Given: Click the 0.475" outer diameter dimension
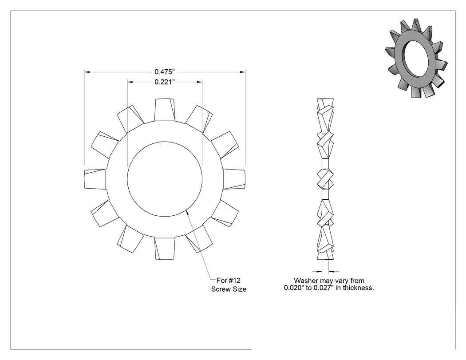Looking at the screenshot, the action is (x=165, y=72).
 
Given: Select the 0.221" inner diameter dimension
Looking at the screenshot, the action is (x=165, y=82).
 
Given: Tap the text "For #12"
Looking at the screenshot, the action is (x=228, y=281).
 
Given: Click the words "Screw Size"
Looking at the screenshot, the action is (x=229, y=289).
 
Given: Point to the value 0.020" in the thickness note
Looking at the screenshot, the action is (x=294, y=288).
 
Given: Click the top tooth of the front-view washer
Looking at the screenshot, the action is (x=165, y=109).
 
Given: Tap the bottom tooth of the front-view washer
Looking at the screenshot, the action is (x=165, y=248).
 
